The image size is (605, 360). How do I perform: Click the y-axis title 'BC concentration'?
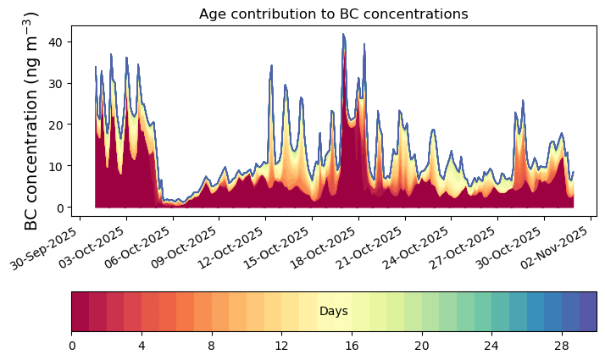click(x=32, y=121)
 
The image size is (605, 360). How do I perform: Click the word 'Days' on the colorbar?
click(x=334, y=312)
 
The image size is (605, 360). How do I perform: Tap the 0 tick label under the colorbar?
click(x=72, y=346)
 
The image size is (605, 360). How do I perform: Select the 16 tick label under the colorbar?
click(x=352, y=346)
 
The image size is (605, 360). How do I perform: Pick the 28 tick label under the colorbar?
click(x=561, y=346)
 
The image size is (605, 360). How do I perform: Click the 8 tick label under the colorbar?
click(x=212, y=346)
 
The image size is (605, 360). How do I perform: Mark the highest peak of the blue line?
click(x=343, y=35)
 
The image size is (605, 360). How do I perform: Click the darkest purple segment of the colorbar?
click(x=587, y=312)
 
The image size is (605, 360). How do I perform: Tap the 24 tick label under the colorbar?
click(x=491, y=346)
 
